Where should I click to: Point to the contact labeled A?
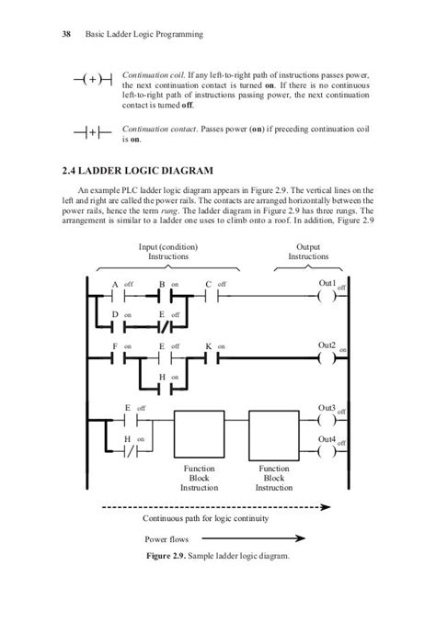118,298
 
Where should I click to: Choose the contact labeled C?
212,298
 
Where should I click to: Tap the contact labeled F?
118,358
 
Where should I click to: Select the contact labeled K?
212,358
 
